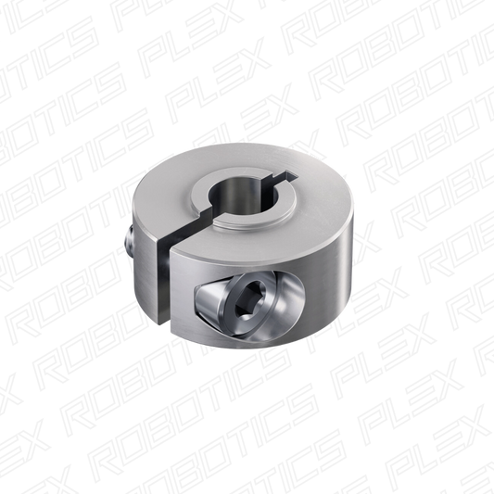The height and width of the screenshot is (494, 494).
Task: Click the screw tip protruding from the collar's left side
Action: (x=130, y=239)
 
